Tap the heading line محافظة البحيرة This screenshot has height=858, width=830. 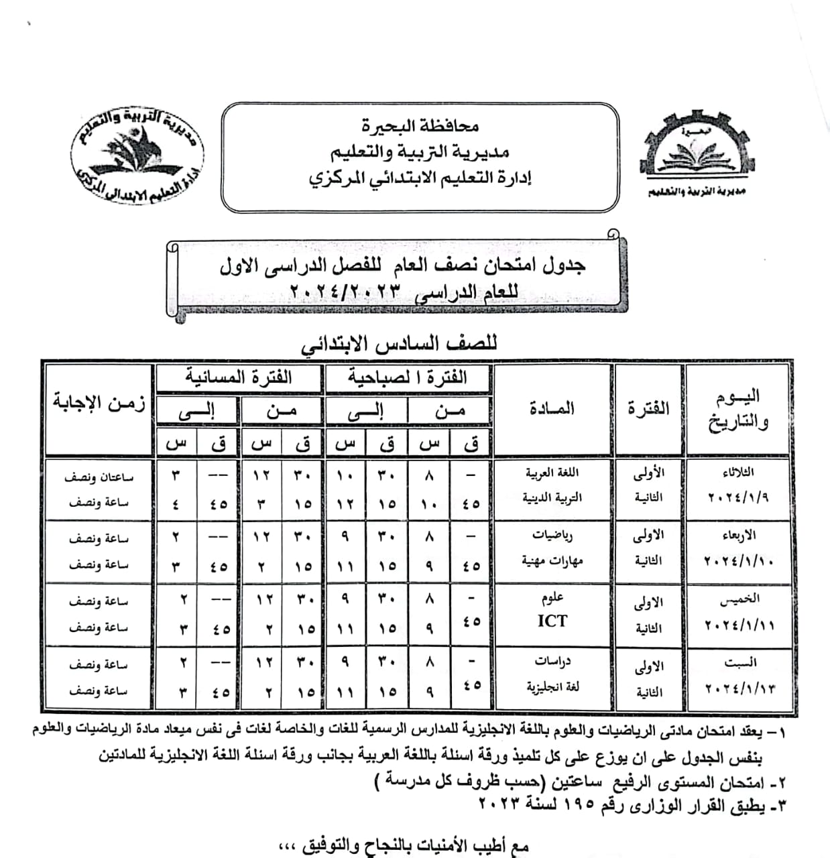click(x=420, y=125)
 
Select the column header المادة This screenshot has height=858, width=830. click(x=552, y=408)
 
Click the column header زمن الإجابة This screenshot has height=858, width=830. click(x=99, y=403)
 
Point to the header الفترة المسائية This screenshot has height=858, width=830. click(x=239, y=377)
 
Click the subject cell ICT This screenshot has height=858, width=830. click(x=552, y=621)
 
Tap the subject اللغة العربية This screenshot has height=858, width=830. click(x=552, y=473)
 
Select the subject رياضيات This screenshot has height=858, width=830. click(x=552, y=536)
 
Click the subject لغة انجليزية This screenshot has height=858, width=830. click(x=552, y=687)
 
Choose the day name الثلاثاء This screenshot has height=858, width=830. click(x=738, y=473)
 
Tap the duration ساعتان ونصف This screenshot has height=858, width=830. click(x=99, y=477)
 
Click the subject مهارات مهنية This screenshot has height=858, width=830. click(x=552, y=561)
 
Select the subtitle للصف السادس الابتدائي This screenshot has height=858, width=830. click(x=399, y=345)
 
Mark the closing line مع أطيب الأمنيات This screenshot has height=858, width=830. click(x=403, y=846)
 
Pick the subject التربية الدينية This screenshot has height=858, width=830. click(x=552, y=498)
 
